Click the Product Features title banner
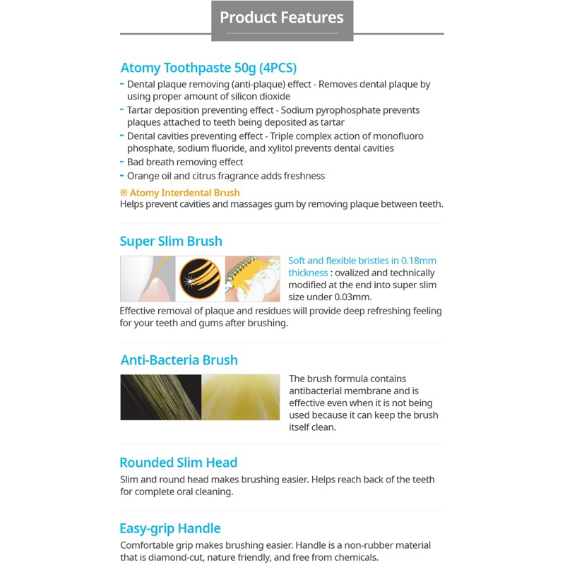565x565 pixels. (282, 18)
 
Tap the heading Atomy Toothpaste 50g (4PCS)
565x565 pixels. (208, 69)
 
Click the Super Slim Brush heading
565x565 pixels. (171, 242)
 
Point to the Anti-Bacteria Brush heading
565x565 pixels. (179, 360)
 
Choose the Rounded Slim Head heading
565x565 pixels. (178, 463)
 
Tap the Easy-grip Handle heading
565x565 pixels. (170, 529)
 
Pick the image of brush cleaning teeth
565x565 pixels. (252, 279)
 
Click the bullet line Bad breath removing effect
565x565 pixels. (185, 162)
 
